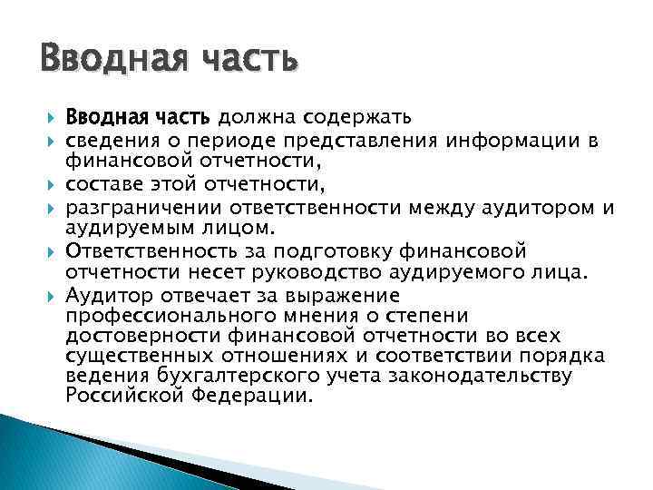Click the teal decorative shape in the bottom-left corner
coord(36,454)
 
